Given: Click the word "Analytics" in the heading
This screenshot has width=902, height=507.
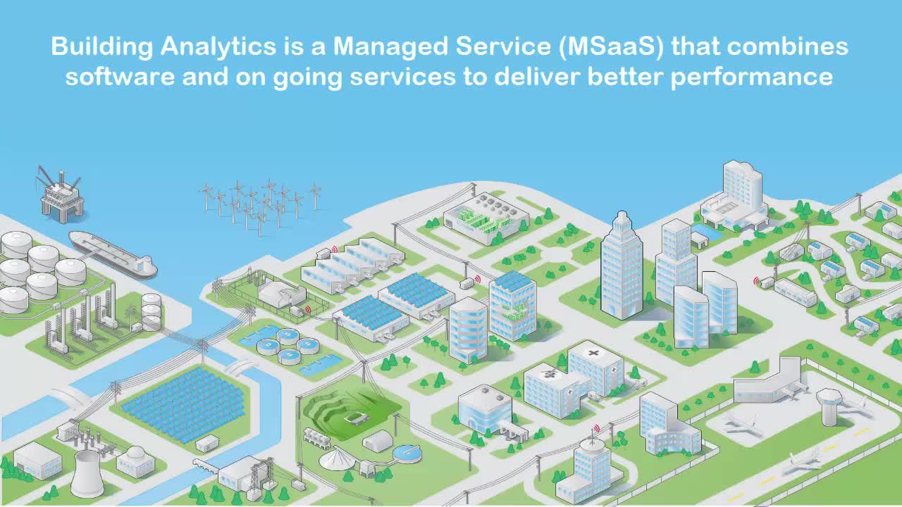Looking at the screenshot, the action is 218,47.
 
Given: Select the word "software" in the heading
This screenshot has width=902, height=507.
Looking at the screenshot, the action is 120,77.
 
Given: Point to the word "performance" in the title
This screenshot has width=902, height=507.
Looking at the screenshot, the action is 752,78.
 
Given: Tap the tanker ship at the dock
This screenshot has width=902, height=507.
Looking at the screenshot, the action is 113,254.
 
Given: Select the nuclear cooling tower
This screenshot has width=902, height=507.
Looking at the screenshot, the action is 87,474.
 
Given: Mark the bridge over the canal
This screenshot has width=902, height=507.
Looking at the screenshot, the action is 241,367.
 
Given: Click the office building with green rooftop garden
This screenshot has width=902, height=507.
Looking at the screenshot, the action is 512,306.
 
